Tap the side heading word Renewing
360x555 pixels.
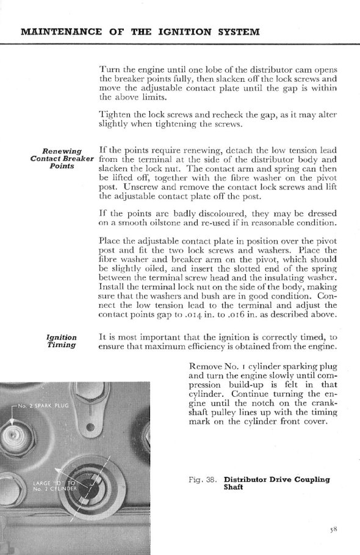(62, 151)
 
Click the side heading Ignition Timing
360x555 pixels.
(62, 341)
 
